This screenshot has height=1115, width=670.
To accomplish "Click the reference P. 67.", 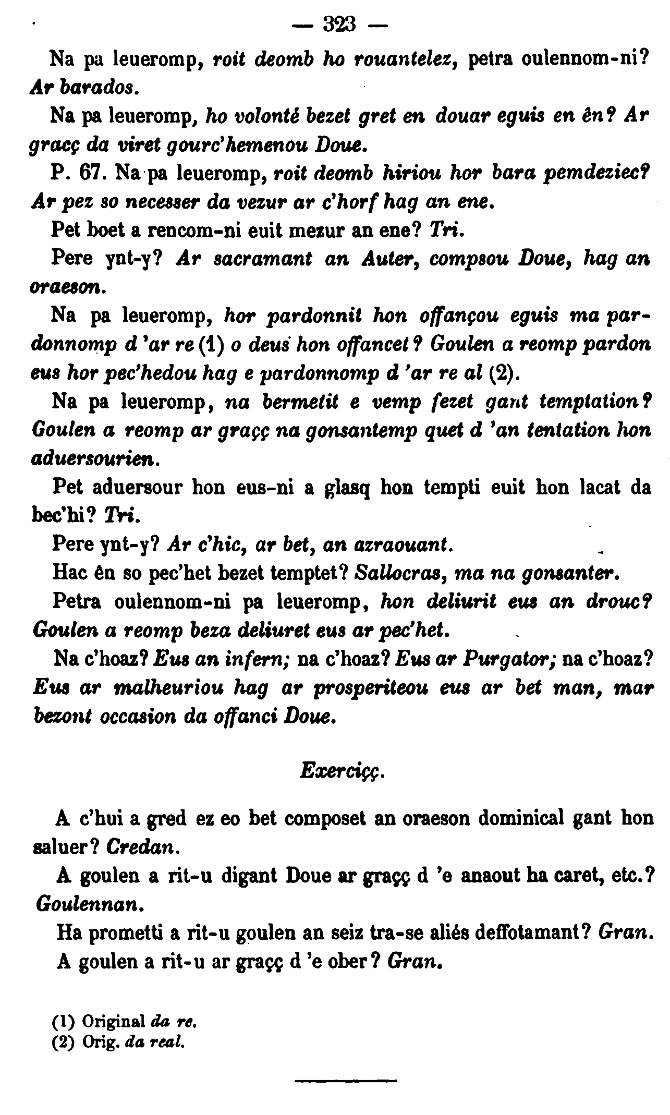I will click(78, 172).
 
